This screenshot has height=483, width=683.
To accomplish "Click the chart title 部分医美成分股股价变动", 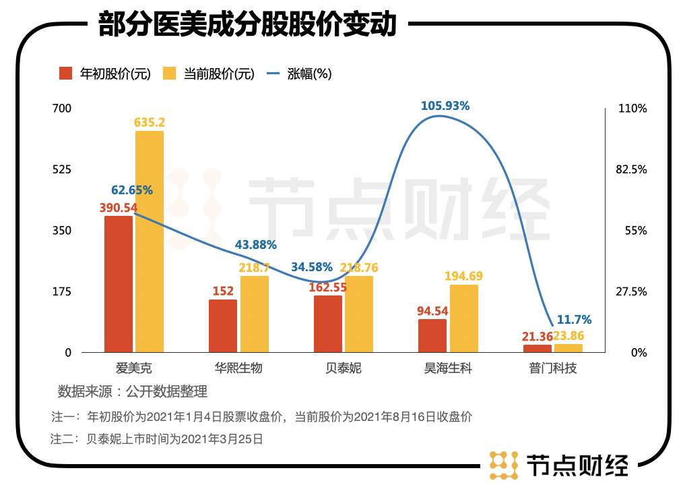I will click(x=247, y=25).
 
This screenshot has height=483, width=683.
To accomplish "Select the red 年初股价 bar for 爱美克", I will click(x=119, y=284).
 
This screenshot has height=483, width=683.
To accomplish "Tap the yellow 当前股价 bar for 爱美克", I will click(x=149, y=241).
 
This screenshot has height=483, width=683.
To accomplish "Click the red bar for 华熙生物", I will click(x=223, y=326).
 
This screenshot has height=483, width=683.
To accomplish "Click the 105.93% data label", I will click(x=445, y=106).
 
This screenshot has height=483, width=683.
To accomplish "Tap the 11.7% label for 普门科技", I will click(x=575, y=320).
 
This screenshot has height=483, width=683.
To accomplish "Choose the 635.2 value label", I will click(x=150, y=122).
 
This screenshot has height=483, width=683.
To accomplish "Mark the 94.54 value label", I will click(x=432, y=311).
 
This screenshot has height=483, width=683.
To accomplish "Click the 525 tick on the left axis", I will click(x=63, y=169).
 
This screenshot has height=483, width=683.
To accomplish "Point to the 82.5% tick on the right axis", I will click(x=632, y=169).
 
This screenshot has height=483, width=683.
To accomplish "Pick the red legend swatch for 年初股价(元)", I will click(x=66, y=74).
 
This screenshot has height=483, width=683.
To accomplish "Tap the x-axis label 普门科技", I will click(x=553, y=368).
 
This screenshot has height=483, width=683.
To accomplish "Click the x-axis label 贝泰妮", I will click(x=343, y=368).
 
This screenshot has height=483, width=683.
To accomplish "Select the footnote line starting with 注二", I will click(x=156, y=438).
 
